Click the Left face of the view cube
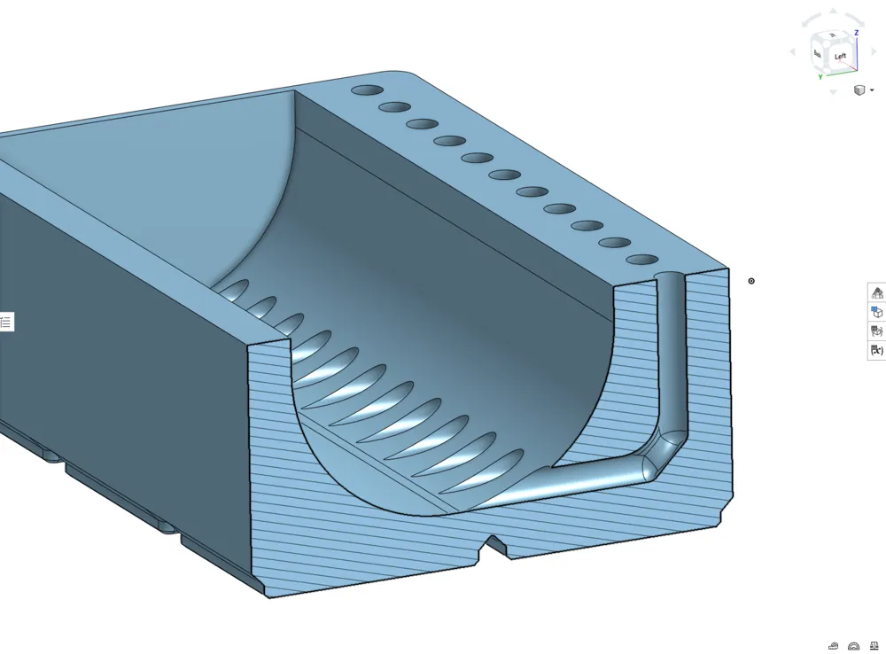(840, 56)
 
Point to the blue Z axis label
(857, 33)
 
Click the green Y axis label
(820, 77)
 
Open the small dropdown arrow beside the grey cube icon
(872, 90)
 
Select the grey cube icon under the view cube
(859, 90)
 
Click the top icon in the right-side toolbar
(877, 292)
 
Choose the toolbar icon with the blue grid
(877, 311)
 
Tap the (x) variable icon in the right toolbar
(877, 350)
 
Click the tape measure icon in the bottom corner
(833, 646)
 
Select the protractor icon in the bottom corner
(854, 646)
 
